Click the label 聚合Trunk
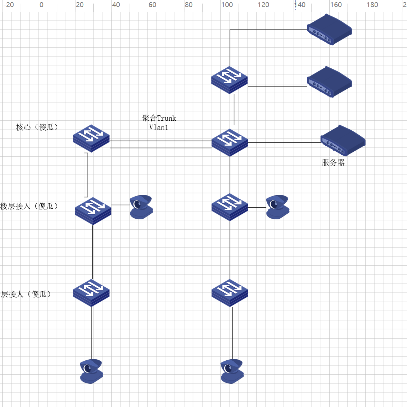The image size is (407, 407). [159, 118]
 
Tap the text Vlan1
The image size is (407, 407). [158, 127]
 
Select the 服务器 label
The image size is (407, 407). [333, 163]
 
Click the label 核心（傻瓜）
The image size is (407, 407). [37, 127]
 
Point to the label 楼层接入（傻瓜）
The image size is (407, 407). [29, 206]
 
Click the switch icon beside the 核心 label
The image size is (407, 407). [91, 138]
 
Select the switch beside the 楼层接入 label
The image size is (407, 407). [93, 211]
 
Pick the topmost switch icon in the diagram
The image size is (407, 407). [229, 80]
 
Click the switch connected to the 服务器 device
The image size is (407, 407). [230, 142]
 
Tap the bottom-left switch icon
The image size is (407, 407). [91, 293]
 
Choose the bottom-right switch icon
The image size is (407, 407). [230, 293]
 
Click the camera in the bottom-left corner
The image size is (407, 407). [92, 371]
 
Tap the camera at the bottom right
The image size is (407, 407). [232, 371]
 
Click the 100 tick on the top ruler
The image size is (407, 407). [227, 5]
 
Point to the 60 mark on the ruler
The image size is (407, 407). [152, 5]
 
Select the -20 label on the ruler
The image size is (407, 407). [9, 5]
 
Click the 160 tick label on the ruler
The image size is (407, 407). [336, 5]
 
